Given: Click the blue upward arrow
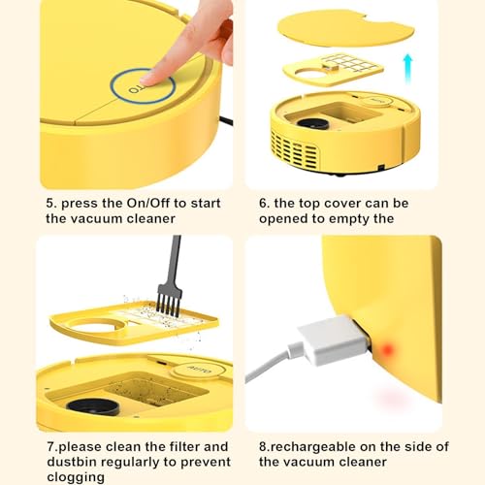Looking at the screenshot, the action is click(408, 69).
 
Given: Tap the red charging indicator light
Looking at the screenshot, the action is click(387, 349).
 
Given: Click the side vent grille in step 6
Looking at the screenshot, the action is click(294, 151).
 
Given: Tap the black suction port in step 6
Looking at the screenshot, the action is click(313, 123).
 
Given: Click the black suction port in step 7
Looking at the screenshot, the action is click(93, 407).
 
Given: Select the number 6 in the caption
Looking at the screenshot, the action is click(264, 204).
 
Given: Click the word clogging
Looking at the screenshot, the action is click(76, 477).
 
